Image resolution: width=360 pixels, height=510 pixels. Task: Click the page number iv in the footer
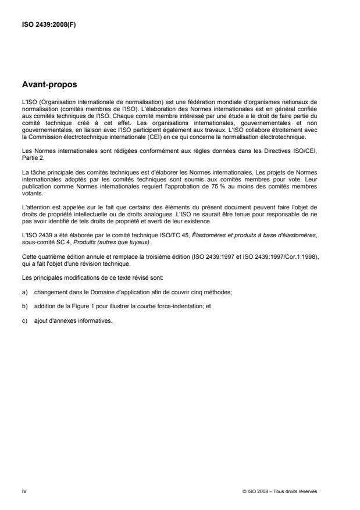tap(24, 491)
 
